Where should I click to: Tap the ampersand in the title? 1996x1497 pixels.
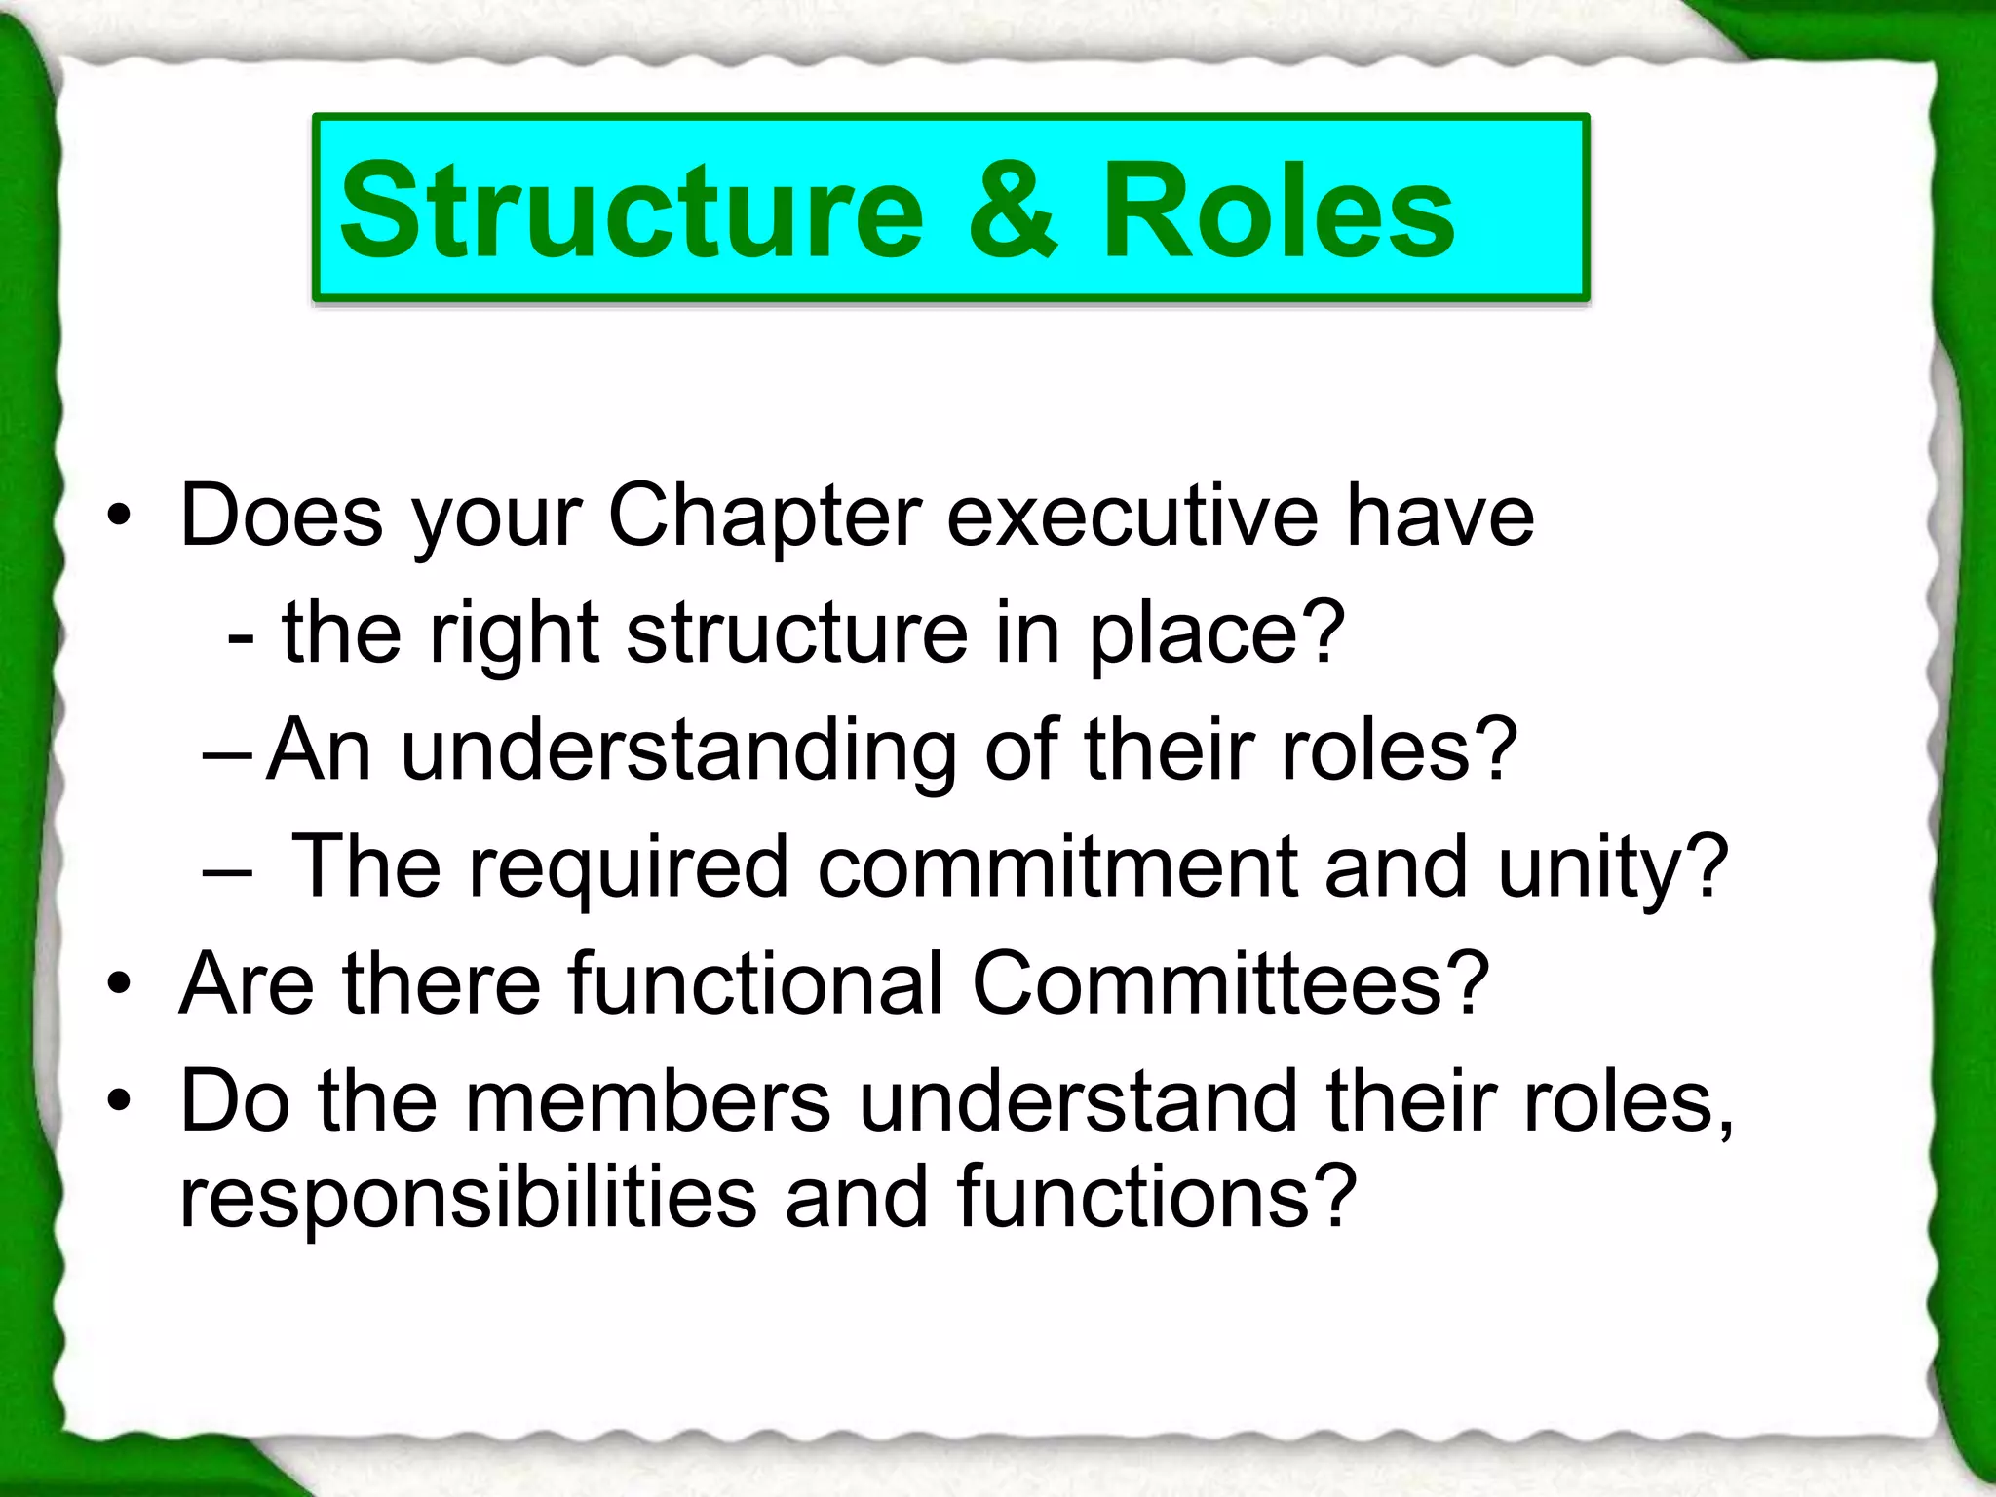coord(1011,211)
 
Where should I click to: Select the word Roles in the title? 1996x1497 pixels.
coord(1279,211)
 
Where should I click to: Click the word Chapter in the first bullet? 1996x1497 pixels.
coord(764,517)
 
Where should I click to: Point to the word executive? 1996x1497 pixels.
coord(1132,517)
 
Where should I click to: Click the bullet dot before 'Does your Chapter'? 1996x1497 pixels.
coord(118,518)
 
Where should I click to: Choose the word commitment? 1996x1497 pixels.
coord(1056,866)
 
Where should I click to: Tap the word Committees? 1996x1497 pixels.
coord(1213,983)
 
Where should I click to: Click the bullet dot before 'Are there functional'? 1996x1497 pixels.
coord(118,984)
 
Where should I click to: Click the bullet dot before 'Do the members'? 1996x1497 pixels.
coord(118,1101)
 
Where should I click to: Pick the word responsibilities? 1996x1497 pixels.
coord(469,1198)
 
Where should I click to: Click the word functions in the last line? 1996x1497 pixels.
coord(1130,1198)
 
